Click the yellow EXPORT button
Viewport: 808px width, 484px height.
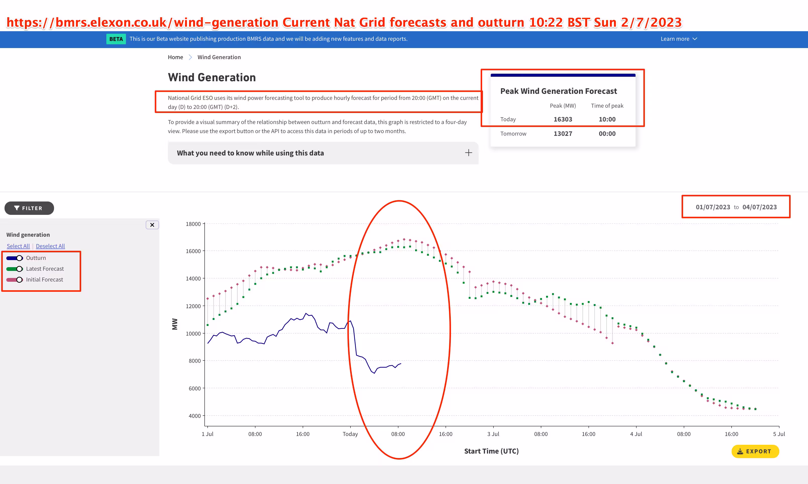click(755, 451)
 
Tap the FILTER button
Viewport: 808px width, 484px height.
click(29, 208)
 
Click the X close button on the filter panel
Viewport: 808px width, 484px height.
click(152, 225)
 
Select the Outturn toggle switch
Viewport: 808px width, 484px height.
click(15, 258)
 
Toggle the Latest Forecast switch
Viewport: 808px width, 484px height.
click(15, 269)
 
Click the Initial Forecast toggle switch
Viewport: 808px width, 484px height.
click(15, 279)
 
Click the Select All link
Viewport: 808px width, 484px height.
click(18, 246)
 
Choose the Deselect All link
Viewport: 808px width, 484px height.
click(50, 246)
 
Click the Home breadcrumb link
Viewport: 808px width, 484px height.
click(175, 57)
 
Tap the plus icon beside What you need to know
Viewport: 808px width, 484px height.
click(468, 153)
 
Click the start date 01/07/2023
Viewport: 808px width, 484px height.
click(713, 207)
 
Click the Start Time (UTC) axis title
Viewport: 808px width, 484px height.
click(491, 451)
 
